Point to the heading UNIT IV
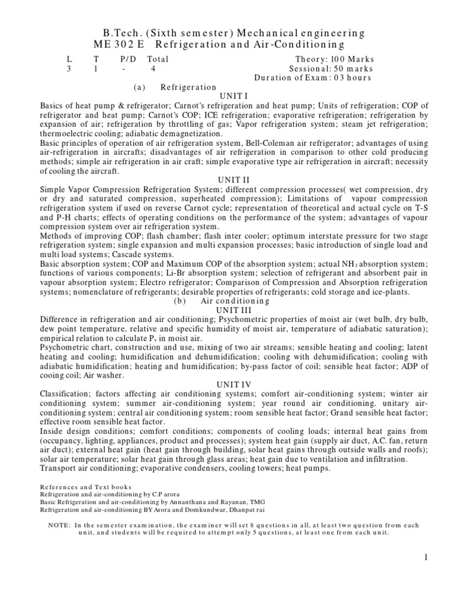tap(227, 384)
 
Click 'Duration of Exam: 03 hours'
tap(313, 78)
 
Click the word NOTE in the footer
tap(57, 525)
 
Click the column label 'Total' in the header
tap(158, 59)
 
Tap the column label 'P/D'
tap(127, 59)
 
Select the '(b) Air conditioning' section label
tap(222, 301)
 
